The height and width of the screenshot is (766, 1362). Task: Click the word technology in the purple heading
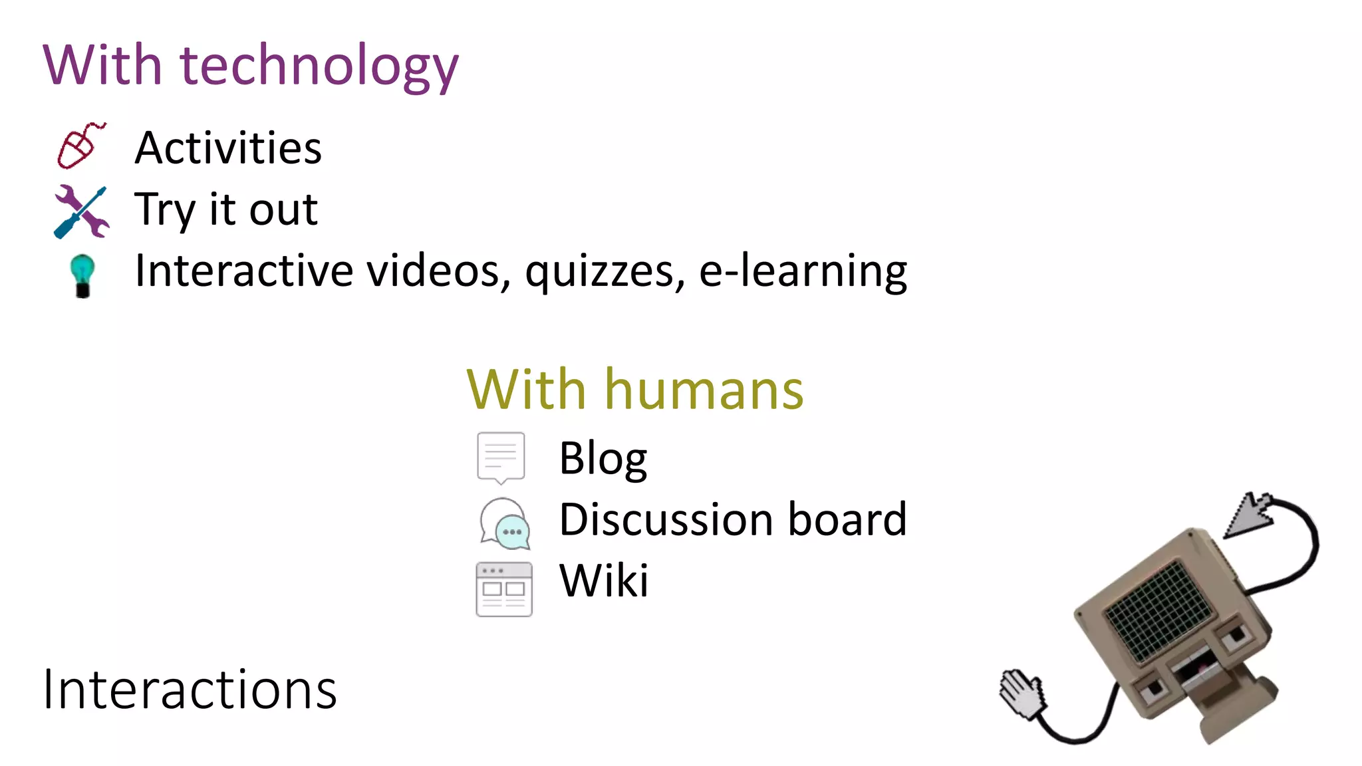coord(319,66)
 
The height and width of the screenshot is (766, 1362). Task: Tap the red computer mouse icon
coord(79,146)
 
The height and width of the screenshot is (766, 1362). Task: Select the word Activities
coord(228,148)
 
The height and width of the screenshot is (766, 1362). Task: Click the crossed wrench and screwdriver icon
coord(81,211)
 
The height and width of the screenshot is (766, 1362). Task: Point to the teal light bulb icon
coord(82,275)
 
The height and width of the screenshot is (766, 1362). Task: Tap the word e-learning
coord(803,271)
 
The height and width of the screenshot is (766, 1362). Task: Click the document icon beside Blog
coord(501,457)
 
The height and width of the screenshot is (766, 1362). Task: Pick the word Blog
coord(603,459)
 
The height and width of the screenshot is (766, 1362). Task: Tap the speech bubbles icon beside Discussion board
coord(505,524)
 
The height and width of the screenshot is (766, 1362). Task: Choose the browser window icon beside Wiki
coord(504,589)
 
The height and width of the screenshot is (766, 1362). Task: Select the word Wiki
coord(603,580)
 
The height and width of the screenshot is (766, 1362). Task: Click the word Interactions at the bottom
coord(190,690)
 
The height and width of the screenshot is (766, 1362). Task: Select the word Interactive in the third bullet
coord(243,271)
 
